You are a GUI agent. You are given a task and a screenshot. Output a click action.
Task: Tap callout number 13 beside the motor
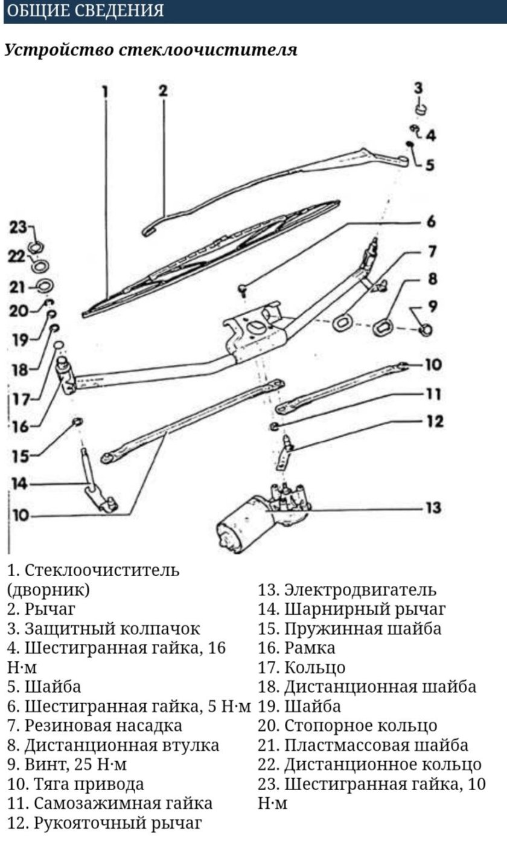tap(432, 508)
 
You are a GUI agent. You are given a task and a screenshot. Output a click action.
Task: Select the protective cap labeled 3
tap(421, 109)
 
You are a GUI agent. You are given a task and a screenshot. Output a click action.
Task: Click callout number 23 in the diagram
tap(18, 228)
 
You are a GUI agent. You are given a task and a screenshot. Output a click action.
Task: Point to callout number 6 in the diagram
tap(430, 222)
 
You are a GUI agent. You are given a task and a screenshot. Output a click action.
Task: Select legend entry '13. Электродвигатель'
tap(347, 589)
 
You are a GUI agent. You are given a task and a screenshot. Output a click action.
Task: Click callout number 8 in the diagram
tap(432, 279)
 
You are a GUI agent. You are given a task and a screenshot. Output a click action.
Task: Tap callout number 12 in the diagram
tap(435, 421)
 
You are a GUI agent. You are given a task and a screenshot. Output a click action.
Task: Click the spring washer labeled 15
tap(77, 420)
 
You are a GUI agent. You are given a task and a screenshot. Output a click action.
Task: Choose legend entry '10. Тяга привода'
tap(75, 784)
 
